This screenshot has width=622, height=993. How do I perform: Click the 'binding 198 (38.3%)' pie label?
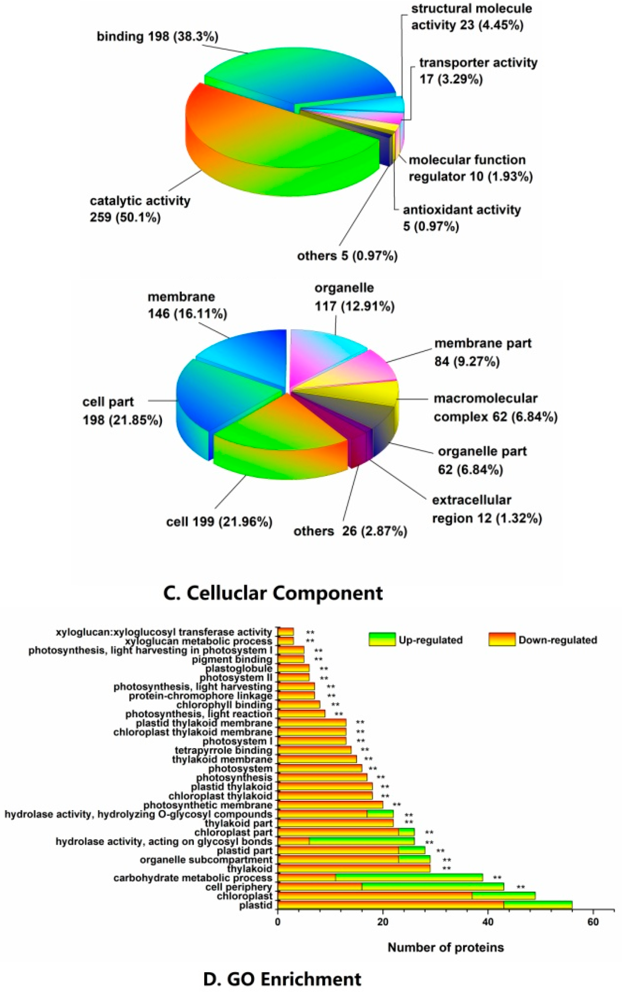tap(158, 37)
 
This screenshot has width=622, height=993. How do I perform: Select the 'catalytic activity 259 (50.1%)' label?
tap(140, 209)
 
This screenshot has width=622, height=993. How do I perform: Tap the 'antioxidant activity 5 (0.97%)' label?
tap(462, 218)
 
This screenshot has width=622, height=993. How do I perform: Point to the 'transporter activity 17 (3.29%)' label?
tap(478, 71)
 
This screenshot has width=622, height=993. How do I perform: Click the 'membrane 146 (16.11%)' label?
tap(187, 305)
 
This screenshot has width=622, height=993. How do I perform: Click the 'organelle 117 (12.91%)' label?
tap(354, 297)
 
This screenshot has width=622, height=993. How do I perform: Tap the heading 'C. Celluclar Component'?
tap(273, 593)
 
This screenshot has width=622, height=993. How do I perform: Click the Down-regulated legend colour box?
tap(502, 639)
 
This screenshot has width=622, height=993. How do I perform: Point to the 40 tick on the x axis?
tap(488, 922)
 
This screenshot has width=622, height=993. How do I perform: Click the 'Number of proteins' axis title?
tap(446, 948)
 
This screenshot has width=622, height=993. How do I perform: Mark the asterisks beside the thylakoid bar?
tap(446, 869)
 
